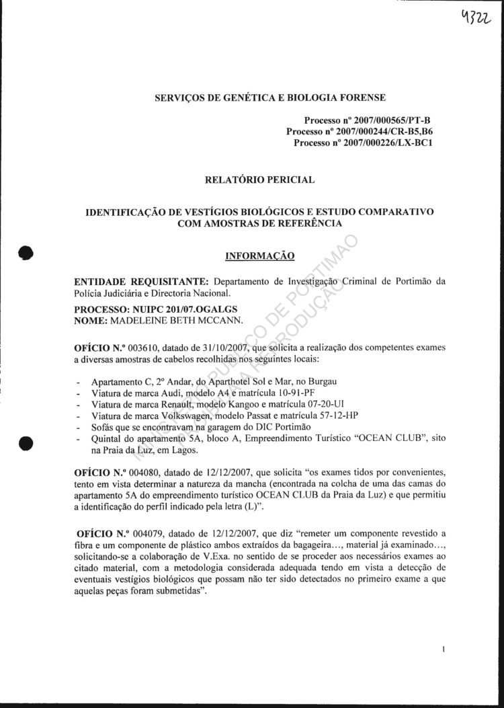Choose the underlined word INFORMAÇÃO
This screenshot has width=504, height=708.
click(259, 255)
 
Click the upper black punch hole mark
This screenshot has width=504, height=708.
click(26, 252)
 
